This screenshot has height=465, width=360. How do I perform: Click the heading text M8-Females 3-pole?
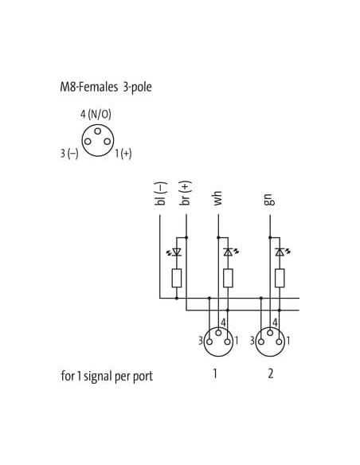click(106, 87)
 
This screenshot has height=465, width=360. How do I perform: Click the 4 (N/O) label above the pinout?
click(96, 114)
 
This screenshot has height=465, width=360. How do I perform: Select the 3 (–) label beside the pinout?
click(69, 154)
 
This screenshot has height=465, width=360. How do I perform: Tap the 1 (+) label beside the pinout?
click(123, 154)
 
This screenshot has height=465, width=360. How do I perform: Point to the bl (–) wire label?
click(160, 193)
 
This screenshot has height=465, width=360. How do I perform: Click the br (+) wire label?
click(186, 193)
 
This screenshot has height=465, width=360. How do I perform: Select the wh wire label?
click(217, 198)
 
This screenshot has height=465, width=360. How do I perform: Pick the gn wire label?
click(269, 200)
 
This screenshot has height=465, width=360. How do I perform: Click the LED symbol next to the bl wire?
click(175, 252)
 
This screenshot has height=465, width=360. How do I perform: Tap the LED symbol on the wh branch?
click(230, 252)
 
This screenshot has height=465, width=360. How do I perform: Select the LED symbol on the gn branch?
click(281, 252)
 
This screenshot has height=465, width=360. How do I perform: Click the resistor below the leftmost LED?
click(177, 278)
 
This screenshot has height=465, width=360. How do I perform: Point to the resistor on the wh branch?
click(228, 278)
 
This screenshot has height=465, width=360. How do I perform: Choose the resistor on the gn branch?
click(280, 278)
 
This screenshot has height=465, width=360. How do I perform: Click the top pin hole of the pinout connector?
click(97, 131)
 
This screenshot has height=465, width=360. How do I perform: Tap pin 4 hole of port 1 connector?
click(218, 333)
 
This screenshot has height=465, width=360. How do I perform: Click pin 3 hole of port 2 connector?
click(261, 342)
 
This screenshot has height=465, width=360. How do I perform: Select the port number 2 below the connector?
click(271, 373)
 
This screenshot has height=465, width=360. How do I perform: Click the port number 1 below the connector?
click(215, 373)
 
